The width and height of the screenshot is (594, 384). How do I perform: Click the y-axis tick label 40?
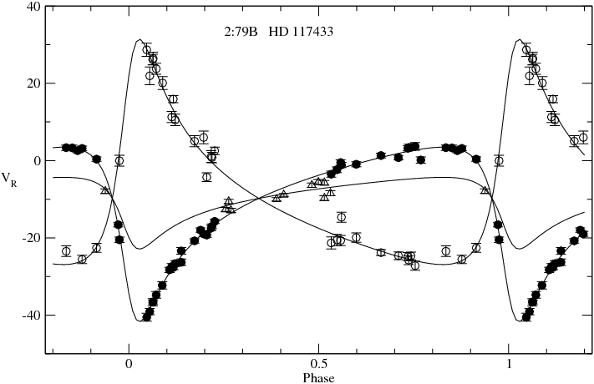tap(33, 7)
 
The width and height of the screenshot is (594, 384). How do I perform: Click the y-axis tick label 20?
tap(33, 83)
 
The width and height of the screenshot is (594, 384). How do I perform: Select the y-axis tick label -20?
tap(32, 238)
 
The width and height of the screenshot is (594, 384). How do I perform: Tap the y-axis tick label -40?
tap(32, 316)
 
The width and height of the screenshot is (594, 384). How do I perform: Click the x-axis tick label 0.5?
tap(318, 365)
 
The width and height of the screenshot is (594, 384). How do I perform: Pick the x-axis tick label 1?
tap(509, 365)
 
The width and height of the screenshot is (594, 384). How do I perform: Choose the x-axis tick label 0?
tap(129, 365)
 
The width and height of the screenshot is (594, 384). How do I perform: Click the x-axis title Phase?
tap(318, 377)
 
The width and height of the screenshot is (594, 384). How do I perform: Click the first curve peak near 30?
tap(140, 39)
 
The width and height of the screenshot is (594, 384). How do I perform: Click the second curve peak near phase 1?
tap(520, 39)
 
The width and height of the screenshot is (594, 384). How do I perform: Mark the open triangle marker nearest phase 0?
tap(105, 190)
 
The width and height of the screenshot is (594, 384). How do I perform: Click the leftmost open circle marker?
tap(66, 250)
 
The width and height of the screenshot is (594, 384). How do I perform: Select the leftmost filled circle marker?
tap(66, 148)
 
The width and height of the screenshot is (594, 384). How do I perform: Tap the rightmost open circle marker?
tap(583, 137)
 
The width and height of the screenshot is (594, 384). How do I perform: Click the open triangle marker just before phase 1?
tap(485, 190)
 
